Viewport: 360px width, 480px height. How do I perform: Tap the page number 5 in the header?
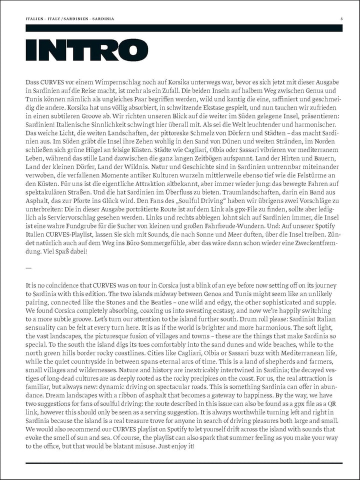pos(341,18)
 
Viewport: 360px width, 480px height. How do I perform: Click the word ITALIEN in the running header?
pos(35,18)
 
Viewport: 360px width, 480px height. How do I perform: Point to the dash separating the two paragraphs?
pos(28,267)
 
